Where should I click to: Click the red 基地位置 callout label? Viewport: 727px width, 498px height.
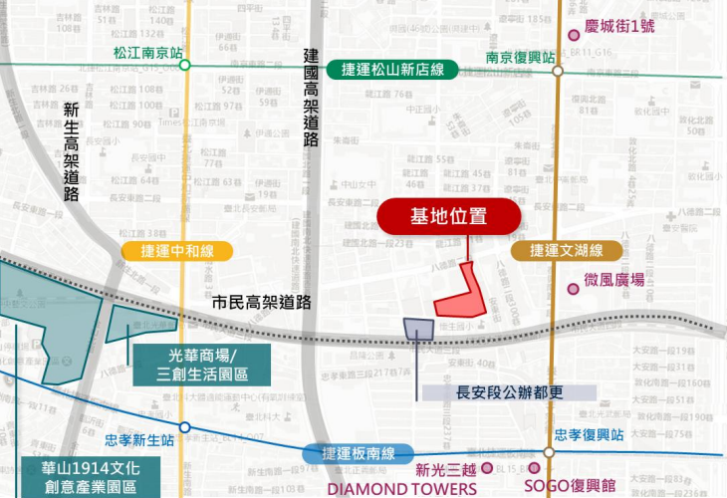click(448, 216)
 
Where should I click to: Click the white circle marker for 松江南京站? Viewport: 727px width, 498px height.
click(184, 66)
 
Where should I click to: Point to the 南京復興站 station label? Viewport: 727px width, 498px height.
click(520, 57)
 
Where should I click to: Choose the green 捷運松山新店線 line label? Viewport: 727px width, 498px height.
click(398, 70)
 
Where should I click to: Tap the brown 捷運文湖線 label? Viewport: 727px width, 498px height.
click(562, 251)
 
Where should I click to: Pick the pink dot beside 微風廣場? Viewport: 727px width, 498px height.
click(574, 289)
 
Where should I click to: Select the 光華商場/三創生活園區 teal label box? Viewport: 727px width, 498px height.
click(202, 365)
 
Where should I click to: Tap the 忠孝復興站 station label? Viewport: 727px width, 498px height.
click(591, 435)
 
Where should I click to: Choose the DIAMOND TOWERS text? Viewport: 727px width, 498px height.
click(401, 488)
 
